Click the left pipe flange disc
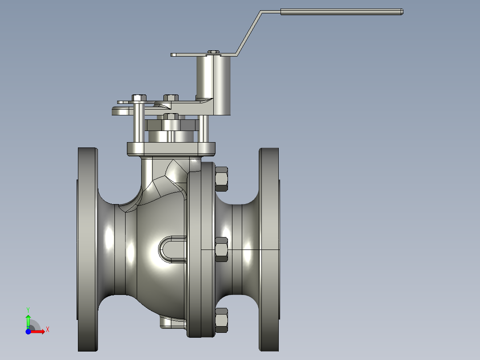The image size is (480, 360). coord(87,250)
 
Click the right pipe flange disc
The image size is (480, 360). coord(269,250)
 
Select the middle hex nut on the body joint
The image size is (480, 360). coord(221,250)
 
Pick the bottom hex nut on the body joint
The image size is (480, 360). coord(221,320)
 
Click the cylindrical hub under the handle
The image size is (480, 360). coord(213,85)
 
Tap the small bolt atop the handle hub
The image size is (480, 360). coord(213,52)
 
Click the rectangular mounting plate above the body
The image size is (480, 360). coord(171,149)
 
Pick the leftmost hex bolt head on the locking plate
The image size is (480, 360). coord(139,98)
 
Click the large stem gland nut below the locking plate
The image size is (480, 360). coord(171,125)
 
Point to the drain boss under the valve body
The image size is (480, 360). coord(171,323)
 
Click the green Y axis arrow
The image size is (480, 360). coord(28,320)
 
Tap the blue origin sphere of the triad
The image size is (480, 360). coord(28,331)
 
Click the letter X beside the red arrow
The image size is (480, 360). coord(47,330)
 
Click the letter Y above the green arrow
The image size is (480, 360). coord(28,309)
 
